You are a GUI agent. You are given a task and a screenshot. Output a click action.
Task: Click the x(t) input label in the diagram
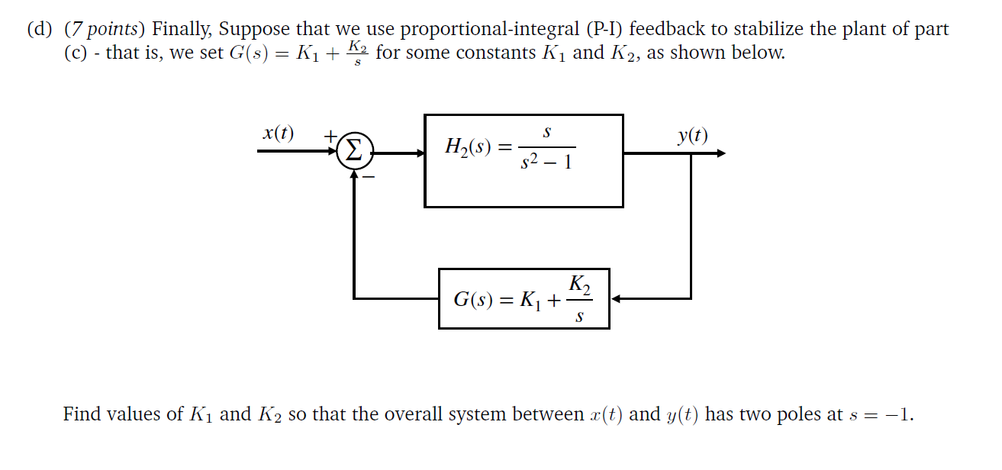(x=278, y=134)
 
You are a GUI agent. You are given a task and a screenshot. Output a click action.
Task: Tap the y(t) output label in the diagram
(x=692, y=136)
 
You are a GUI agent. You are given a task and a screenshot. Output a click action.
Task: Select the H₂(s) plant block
(x=524, y=160)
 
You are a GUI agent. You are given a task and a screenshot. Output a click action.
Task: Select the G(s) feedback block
(x=524, y=298)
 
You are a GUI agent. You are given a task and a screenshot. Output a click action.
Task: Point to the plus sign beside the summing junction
(x=330, y=135)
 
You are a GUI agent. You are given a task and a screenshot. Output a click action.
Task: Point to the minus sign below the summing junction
(x=368, y=177)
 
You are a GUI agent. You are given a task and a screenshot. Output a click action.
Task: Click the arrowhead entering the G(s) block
(x=617, y=298)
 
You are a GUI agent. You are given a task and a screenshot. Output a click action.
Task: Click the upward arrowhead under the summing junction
(x=355, y=174)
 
